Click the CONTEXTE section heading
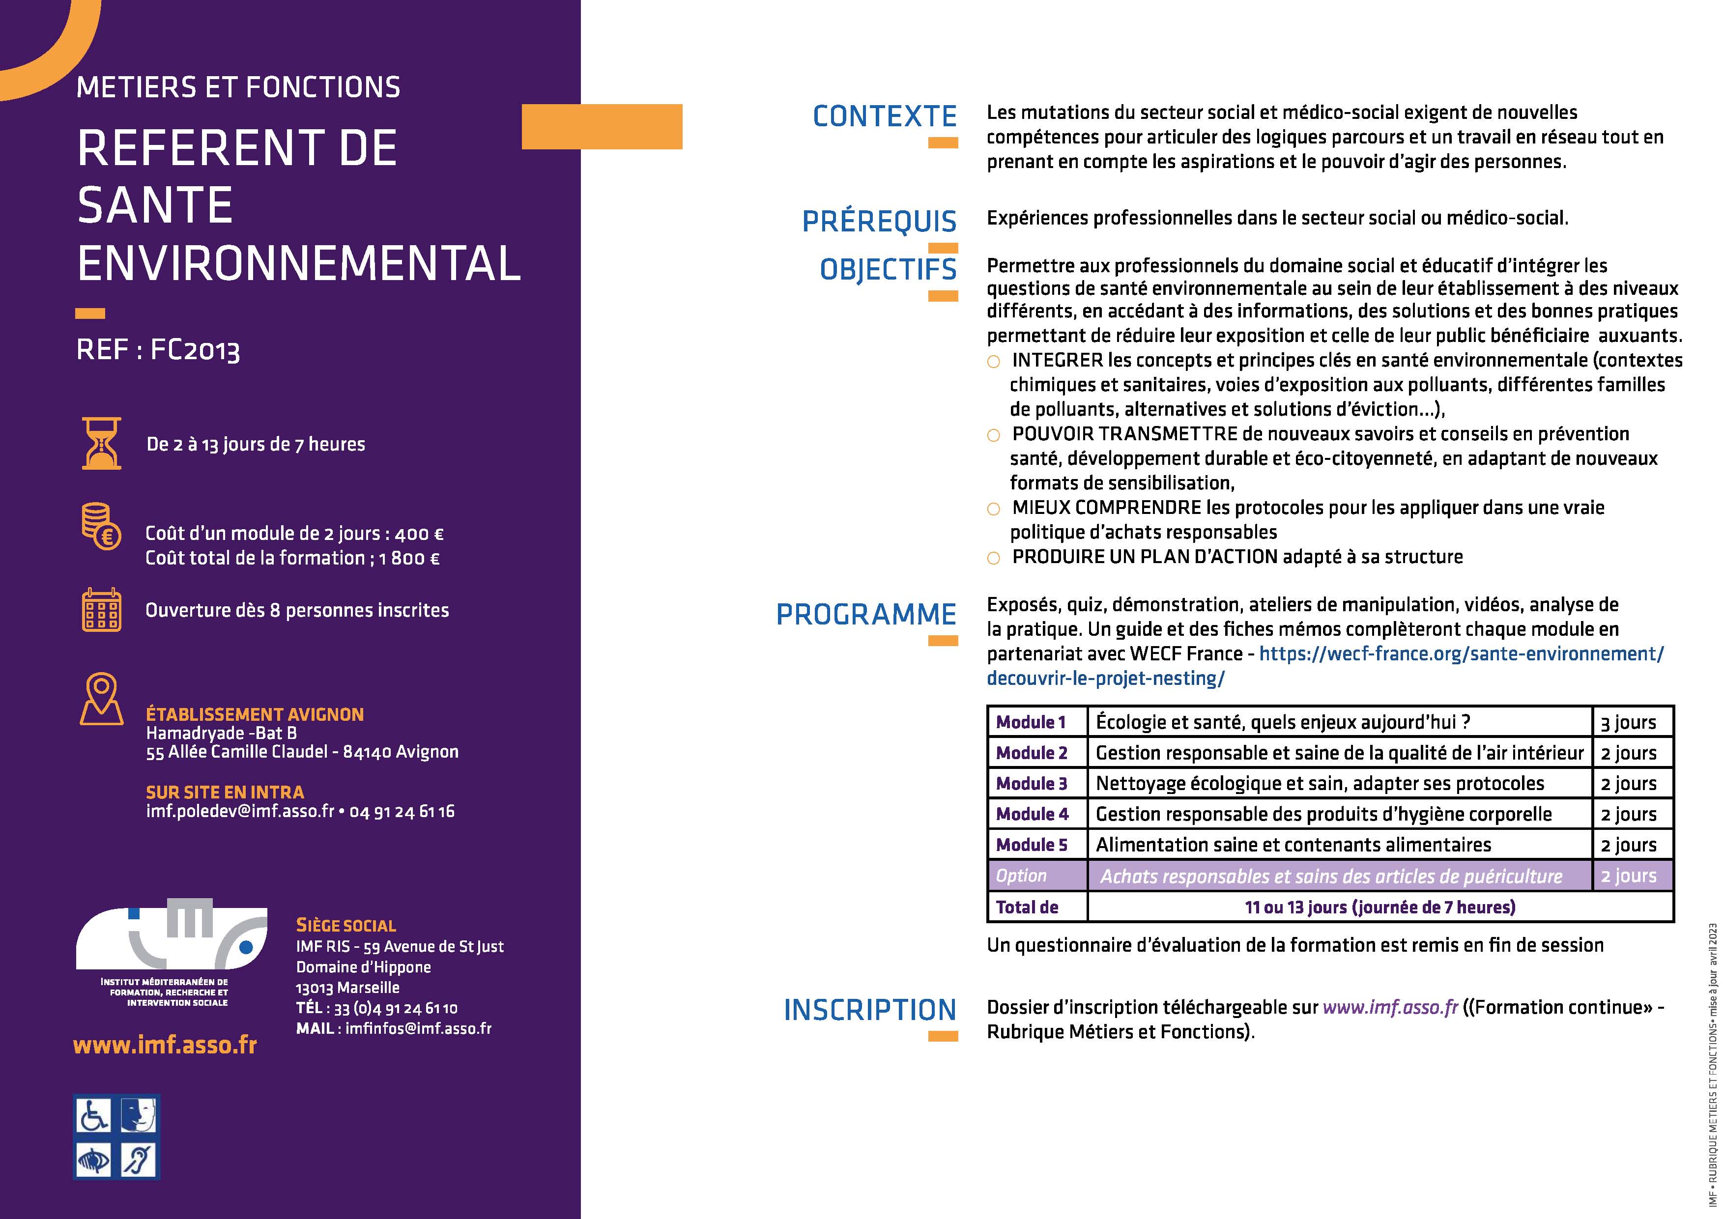[885, 116]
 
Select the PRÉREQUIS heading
[879, 222]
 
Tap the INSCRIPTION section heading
[869, 1010]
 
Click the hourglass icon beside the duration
[101, 444]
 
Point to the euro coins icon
[101, 526]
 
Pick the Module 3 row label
[1032, 784]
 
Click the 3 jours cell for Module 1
[1629, 722]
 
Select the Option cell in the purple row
[1021, 876]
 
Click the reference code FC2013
[195, 350]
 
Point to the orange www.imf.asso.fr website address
[165, 1045]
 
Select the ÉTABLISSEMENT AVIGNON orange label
[255, 714]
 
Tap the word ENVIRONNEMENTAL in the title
[299, 263]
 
